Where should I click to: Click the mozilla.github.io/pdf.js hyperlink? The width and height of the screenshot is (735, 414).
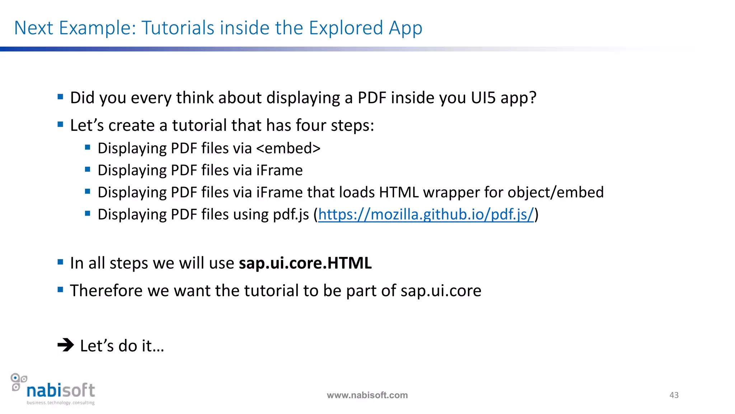click(x=426, y=215)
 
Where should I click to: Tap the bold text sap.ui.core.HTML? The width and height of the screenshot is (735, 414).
click(x=305, y=263)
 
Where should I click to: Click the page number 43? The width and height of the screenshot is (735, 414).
click(x=674, y=395)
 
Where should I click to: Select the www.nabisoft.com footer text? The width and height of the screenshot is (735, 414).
click(x=367, y=395)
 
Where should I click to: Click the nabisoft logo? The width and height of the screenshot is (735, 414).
click(x=54, y=389)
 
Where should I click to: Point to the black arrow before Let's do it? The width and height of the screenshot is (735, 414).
click(x=65, y=345)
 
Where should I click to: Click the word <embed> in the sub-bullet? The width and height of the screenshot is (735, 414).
click(x=288, y=148)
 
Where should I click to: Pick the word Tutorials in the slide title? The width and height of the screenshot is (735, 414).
click(x=178, y=28)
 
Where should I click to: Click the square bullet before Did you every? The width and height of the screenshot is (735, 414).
click(x=60, y=97)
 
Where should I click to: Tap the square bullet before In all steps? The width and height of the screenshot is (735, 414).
click(x=60, y=262)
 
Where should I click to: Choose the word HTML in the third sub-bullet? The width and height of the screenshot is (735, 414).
click(x=399, y=193)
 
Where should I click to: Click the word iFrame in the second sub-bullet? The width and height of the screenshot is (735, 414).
click(x=279, y=170)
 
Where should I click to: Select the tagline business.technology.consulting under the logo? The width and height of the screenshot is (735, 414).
click(x=61, y=403)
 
